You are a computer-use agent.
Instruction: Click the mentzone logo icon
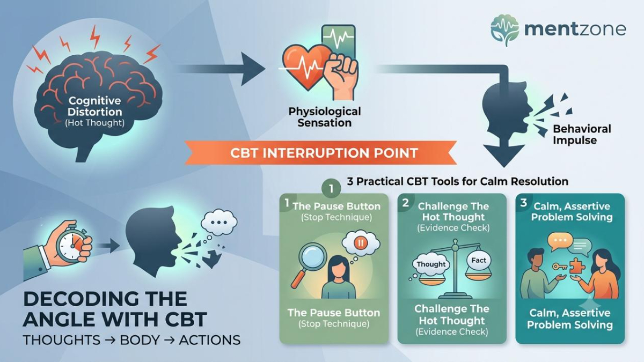[x=504, y=30]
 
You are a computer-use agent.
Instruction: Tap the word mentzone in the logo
[x=575, y=29]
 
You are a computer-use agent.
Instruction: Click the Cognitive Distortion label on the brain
[x=94, y=106]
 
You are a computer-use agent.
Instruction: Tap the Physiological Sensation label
[x=325, y=117]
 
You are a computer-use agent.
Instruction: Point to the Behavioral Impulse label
[x=582, y=135]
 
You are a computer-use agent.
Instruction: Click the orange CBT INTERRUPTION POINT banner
[x=321, y=152]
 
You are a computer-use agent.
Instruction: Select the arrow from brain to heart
[x=220, y=69]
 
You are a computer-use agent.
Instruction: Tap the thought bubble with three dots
[x=219, y=222]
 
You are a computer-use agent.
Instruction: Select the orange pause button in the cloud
[x=360, y=243]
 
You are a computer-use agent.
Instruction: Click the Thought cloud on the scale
[x=430, y=264]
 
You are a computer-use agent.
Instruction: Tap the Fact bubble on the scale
[x=478, y=261]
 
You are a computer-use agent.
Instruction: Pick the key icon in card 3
[x=560, y=267]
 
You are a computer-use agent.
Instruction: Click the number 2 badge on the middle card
[x=405, y=203]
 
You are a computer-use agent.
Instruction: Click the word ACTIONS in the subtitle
[x=210, y=340]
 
